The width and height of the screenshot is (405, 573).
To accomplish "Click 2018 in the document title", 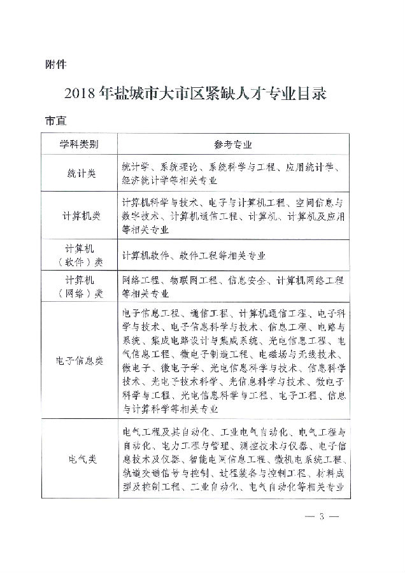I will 79,94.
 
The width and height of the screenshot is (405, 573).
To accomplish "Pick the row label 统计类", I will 80,173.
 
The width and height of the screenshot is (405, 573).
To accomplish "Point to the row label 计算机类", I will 80,216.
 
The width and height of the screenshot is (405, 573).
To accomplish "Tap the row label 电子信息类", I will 80,361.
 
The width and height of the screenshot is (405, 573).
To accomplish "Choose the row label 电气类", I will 80,458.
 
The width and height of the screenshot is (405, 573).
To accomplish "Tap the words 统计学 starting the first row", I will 135,167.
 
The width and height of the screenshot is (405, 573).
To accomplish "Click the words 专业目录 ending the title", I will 299,94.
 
